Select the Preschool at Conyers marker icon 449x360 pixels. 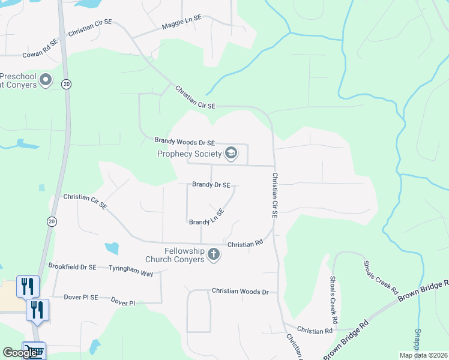click(46, 80)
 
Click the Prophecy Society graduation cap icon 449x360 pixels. click(231, 154)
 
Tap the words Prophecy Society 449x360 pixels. click(189, 154)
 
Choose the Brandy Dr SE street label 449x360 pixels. click(211, 185)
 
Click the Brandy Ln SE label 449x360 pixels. click(206, 217)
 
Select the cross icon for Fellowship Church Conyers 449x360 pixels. click(213, 256)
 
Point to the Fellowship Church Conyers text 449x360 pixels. click(176, 255)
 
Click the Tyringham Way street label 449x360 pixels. click(131, 271)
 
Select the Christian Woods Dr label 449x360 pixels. click(240, 291)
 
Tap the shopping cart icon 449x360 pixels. click(35, 350)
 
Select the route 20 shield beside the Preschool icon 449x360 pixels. click(66, 85)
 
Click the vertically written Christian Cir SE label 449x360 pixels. click(275, 195)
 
